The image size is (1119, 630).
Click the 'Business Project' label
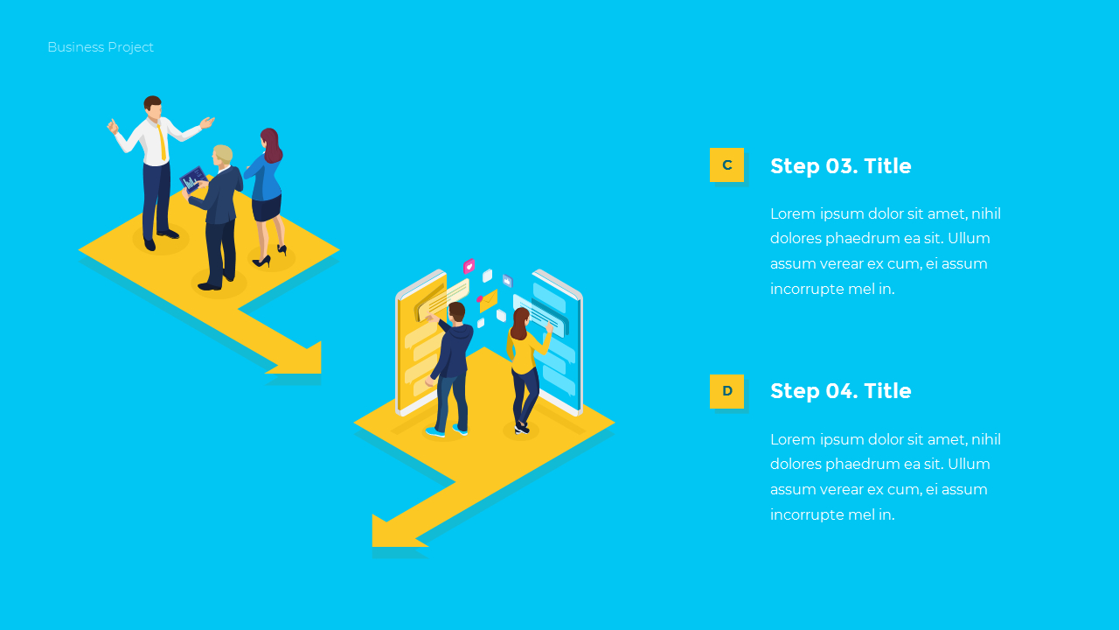[101, 47]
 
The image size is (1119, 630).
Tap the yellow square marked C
[726, 164]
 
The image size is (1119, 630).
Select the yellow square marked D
[726, 391]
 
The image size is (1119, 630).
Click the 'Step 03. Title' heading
[840, 166]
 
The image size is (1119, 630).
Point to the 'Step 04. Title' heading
[840, 391]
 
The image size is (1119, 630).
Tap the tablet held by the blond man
[193, 180]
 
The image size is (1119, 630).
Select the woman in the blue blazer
[267, 188]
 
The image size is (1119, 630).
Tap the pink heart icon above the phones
[469, 266]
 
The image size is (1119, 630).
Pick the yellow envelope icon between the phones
[489, 301]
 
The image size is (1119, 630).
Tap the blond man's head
[223, 155]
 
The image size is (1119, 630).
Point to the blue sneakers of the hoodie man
[446, 430]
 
